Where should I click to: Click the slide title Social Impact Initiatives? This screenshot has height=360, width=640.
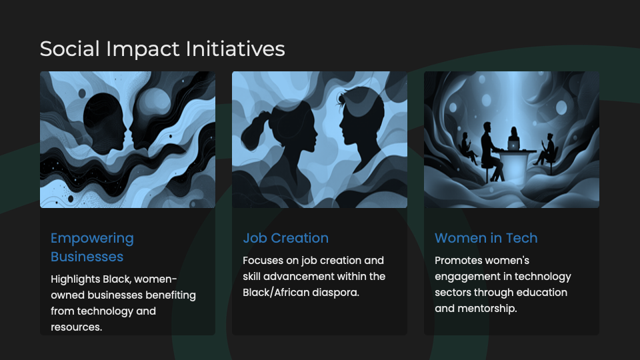163,49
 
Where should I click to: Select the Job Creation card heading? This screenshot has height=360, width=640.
286,238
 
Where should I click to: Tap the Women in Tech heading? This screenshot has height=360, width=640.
486,238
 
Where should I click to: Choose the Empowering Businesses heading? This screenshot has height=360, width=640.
92,247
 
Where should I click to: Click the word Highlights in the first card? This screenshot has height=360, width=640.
75,279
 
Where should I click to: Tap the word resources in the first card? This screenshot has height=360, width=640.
76,327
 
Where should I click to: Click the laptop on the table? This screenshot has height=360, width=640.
513,145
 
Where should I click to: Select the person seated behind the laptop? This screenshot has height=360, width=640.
513,139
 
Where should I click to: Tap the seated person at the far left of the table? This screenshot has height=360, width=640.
469,148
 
